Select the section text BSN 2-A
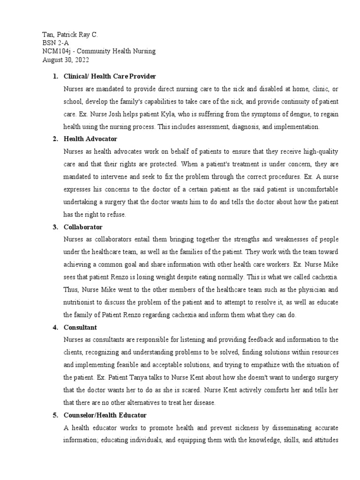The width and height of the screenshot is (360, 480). point(55,43)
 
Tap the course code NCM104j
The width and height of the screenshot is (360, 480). point(57,52)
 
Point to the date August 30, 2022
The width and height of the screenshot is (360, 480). point(66,60)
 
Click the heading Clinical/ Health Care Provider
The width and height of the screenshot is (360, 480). point(110,76)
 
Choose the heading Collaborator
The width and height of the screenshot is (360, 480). point(83,227)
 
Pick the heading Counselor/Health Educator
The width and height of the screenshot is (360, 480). point(105,415)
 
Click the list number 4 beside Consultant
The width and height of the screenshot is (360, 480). point(55,327)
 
